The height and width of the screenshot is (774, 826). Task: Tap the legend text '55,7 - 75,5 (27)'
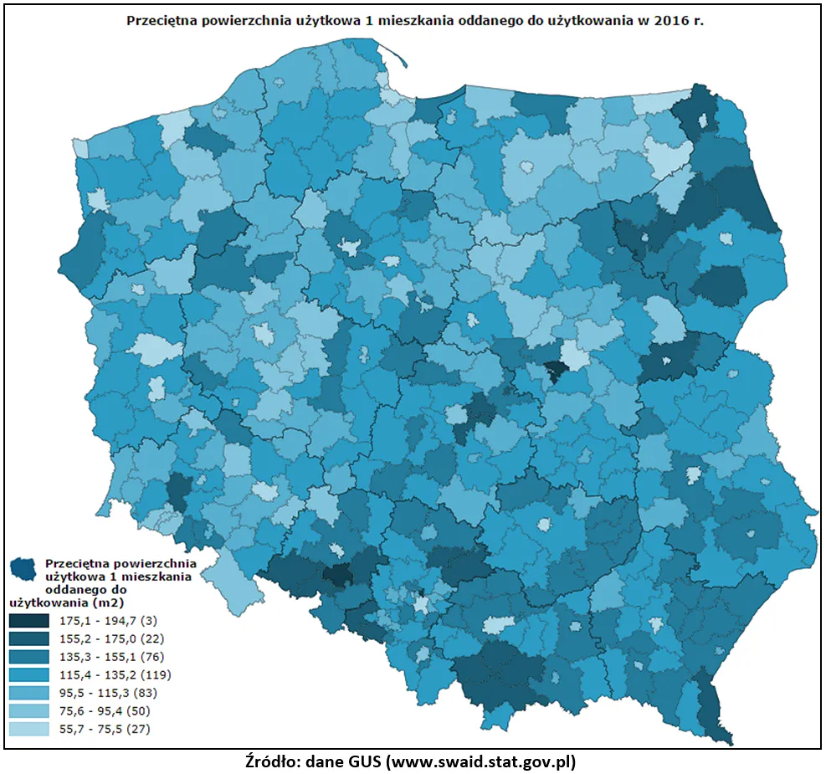[105, 729]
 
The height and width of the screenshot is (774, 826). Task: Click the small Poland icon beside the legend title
[24, 568]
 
